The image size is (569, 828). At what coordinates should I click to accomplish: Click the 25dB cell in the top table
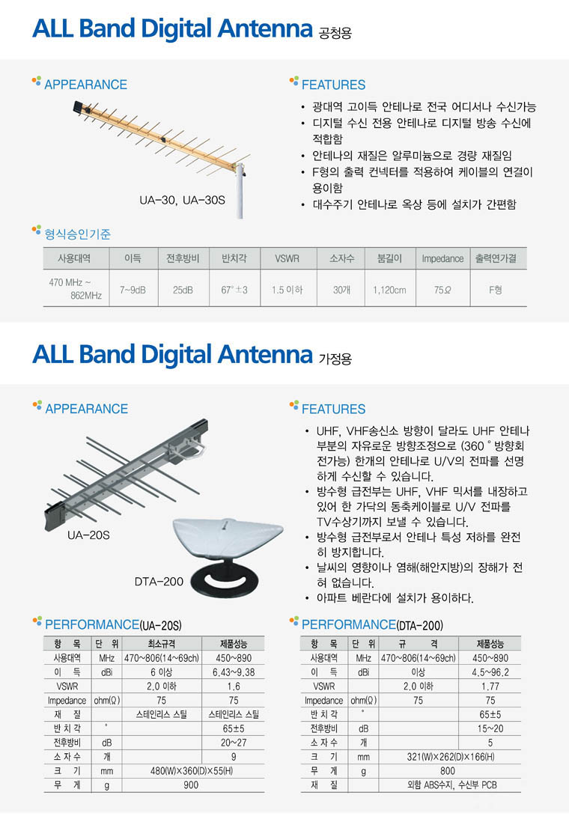(x=183, y=290)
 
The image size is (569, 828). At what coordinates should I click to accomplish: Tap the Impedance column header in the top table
(x=442, y=259)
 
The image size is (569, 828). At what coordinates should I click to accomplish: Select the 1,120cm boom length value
(x=389, y=290)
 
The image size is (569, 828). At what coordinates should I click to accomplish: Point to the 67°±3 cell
(x=234, y=290)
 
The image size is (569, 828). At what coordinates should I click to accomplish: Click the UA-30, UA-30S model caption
(x=182, y=200)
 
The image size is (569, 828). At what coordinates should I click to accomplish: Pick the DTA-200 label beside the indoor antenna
(x=159, y=582)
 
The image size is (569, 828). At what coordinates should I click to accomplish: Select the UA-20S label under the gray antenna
(x=88, y=535)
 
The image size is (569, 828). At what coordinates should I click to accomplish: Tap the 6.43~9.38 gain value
(x=234, y=672)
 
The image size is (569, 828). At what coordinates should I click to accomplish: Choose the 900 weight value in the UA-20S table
(x=191, y=785)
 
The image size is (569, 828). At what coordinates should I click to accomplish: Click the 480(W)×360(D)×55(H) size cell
(x=191, y=771)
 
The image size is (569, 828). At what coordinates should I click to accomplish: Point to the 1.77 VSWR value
(x=490, y=687)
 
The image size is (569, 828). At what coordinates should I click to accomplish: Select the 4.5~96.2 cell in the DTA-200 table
(x=490, y=672)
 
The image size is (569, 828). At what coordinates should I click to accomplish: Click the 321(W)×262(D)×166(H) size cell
(x=451, y=757)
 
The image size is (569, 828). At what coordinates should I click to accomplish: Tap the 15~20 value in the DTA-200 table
(x=490, y=728)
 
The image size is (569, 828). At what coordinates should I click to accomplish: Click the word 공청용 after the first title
(x=335, y=33)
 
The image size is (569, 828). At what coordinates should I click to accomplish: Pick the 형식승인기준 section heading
(x=78, y=234)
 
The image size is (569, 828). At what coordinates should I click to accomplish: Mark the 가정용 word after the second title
(x=335, y=359)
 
